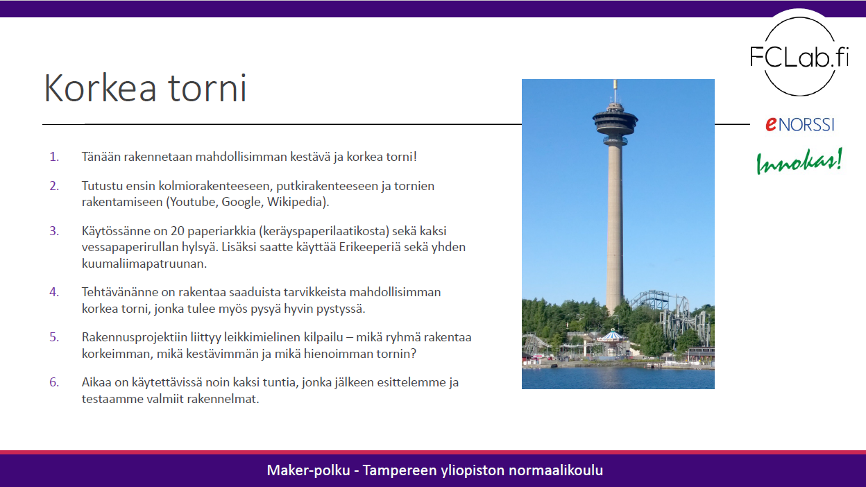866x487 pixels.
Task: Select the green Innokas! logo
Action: point(799,161)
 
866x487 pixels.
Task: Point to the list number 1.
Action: point(54,157)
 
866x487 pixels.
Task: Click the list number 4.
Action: point(54,292)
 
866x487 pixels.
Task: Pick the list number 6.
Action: point(54,383)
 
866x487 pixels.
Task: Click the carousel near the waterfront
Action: point(611,339)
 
